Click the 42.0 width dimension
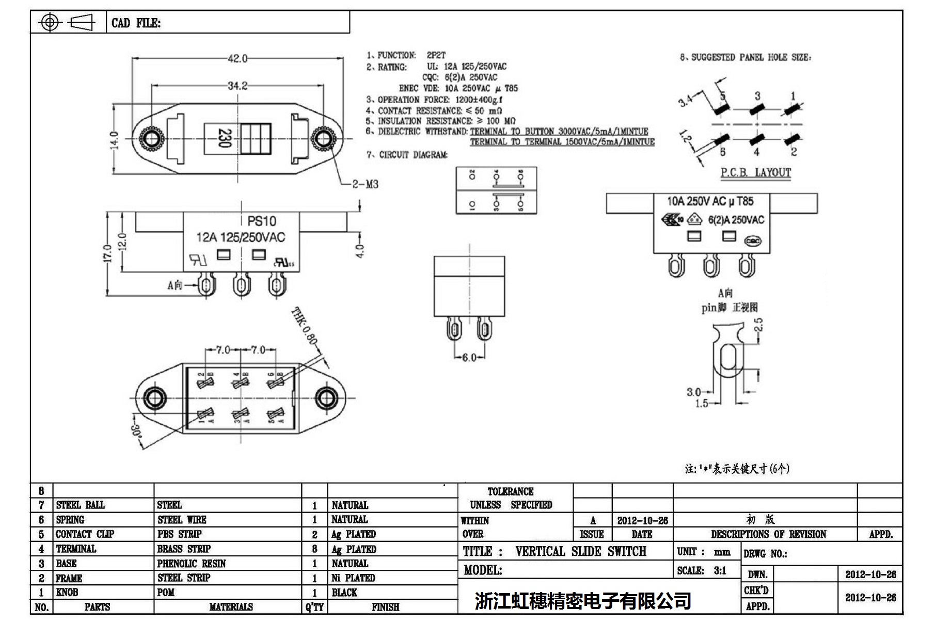237,59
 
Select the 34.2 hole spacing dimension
237,86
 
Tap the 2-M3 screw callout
365,184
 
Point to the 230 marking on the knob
224,138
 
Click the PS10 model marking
261,221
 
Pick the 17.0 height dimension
107,253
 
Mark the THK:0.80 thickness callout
304,326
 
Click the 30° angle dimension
136,437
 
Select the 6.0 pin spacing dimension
468,358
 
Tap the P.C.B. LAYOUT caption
755,173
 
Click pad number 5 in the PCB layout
723,96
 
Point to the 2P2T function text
436,55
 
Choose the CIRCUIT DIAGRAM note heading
413,155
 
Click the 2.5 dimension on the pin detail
758,325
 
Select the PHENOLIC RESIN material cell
192,564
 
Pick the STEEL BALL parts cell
80,505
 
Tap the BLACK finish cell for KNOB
344,593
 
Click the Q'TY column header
314,607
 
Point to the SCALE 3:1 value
720,570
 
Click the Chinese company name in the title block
583,601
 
